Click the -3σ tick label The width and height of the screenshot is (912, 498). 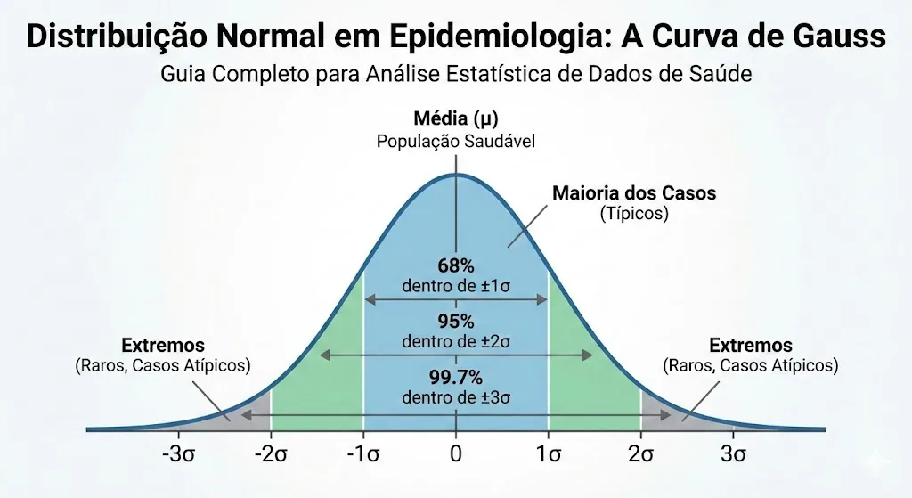point(178,453)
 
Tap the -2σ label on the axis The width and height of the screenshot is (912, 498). point(271,453)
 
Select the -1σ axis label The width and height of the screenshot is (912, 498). point(363,453)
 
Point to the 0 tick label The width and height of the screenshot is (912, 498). point(456,453)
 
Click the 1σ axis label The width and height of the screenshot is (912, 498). point(549,453)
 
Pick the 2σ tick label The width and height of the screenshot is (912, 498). point(641,453)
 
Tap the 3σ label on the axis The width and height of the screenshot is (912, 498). point(734,453)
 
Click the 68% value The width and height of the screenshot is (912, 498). point(456,265)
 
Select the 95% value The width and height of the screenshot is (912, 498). point(456,321)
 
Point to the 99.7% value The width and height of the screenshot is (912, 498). point(456,378)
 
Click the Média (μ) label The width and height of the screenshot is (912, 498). point(456,118)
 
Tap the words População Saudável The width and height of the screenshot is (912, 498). point(456,142)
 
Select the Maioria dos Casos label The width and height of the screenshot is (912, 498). point(634,193)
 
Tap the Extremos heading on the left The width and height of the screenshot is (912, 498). point(163,346)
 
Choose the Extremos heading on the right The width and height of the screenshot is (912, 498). point(750,346)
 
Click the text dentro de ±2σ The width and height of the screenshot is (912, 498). point(456,341)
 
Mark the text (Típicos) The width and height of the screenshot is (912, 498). point(634,214)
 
